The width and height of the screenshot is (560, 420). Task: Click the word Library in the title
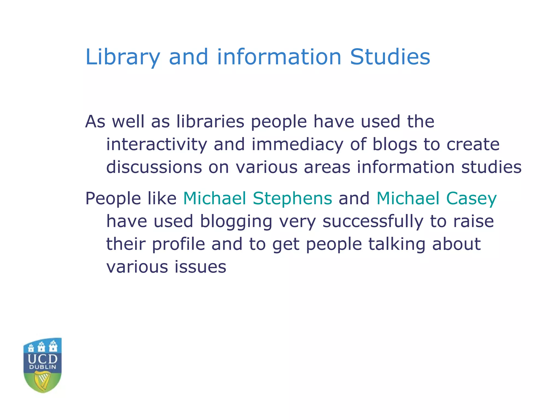(122, 57)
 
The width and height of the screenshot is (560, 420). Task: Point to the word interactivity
(156, 144)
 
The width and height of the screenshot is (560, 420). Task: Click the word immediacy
(297, 144)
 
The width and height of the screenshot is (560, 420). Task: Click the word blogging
(236, 221)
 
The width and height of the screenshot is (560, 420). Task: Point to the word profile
(178, 244)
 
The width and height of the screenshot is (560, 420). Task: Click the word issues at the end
(200, 267)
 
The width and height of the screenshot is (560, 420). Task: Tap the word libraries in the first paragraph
(210, 121)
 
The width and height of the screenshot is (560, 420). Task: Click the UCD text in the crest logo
(43, 359)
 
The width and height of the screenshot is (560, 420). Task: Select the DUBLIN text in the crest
(43, 367)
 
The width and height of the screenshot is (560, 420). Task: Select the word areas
(327, 167)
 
